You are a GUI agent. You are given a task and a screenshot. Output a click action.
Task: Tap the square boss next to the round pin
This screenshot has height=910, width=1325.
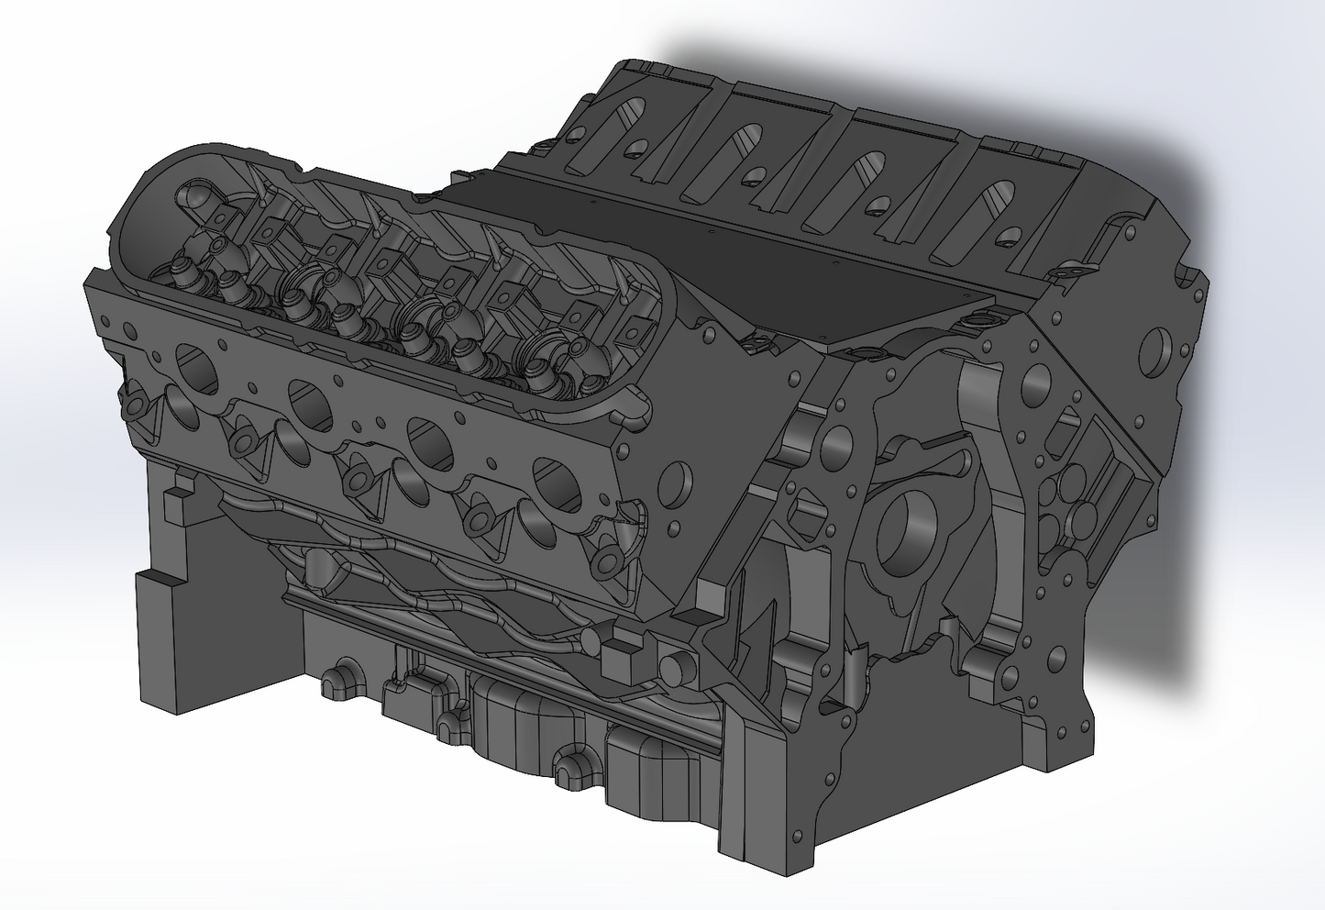pyautogui.click(x=621, y=657)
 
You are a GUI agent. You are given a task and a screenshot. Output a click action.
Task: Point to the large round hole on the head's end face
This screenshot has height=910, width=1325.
pyautogui.click(x=677, y=477)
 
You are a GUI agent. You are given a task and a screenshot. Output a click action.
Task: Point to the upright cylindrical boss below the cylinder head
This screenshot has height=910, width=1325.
pyautogui.click(x=322, y=568)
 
